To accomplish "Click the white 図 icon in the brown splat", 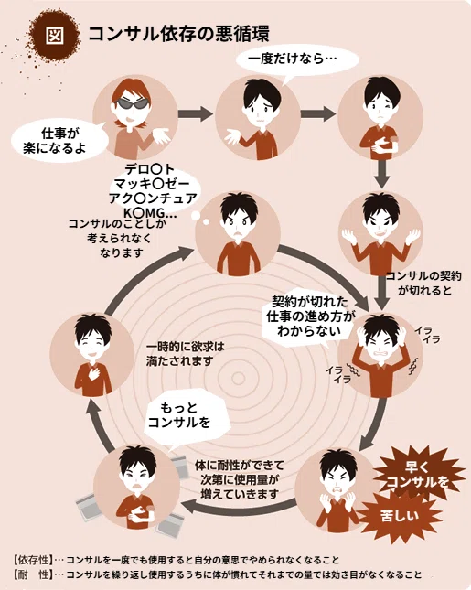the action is (x=55, y=36).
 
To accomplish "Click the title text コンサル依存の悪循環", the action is (x=178, y=34).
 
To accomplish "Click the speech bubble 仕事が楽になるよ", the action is (x=59, y=141).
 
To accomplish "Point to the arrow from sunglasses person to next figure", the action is (x=195, y=113).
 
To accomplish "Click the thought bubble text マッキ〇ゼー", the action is (x=152, y=184).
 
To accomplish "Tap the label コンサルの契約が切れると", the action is (x=424, y=283).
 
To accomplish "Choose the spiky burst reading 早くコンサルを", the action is (x=418, y=475).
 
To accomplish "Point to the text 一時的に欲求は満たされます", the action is (x=185, y=353).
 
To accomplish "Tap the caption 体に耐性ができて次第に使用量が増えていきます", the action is (x=240, y=479).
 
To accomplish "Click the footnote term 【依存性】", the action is (x=33, y=560).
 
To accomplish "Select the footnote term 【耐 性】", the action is (x=33, y=574).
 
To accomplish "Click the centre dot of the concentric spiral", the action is (x=238, y=378).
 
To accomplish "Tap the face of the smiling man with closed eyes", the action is (x=91, y=346).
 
